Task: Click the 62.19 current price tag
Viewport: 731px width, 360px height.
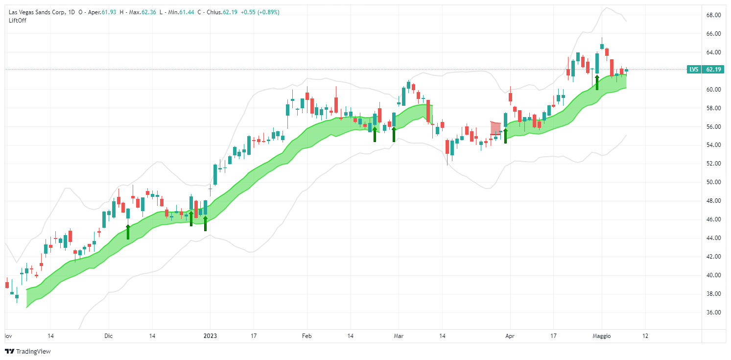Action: click(713, 70)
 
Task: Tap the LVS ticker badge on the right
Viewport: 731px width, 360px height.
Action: click(694, 70)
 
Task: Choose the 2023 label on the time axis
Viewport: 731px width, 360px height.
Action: click(210, 336)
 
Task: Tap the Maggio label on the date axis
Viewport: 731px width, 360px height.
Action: click(602, 336)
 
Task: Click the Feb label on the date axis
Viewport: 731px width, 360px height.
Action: click(307, 336)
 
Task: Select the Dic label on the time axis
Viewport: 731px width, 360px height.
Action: click(108, 336)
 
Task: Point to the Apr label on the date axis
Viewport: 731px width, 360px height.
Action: click(510, 336)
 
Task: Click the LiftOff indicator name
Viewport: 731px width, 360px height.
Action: click(18, 20)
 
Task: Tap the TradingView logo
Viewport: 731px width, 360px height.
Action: click(28, 351)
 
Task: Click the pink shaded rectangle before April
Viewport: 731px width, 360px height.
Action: click(495, 128)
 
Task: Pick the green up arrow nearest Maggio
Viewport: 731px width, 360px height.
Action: click(597, 82)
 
